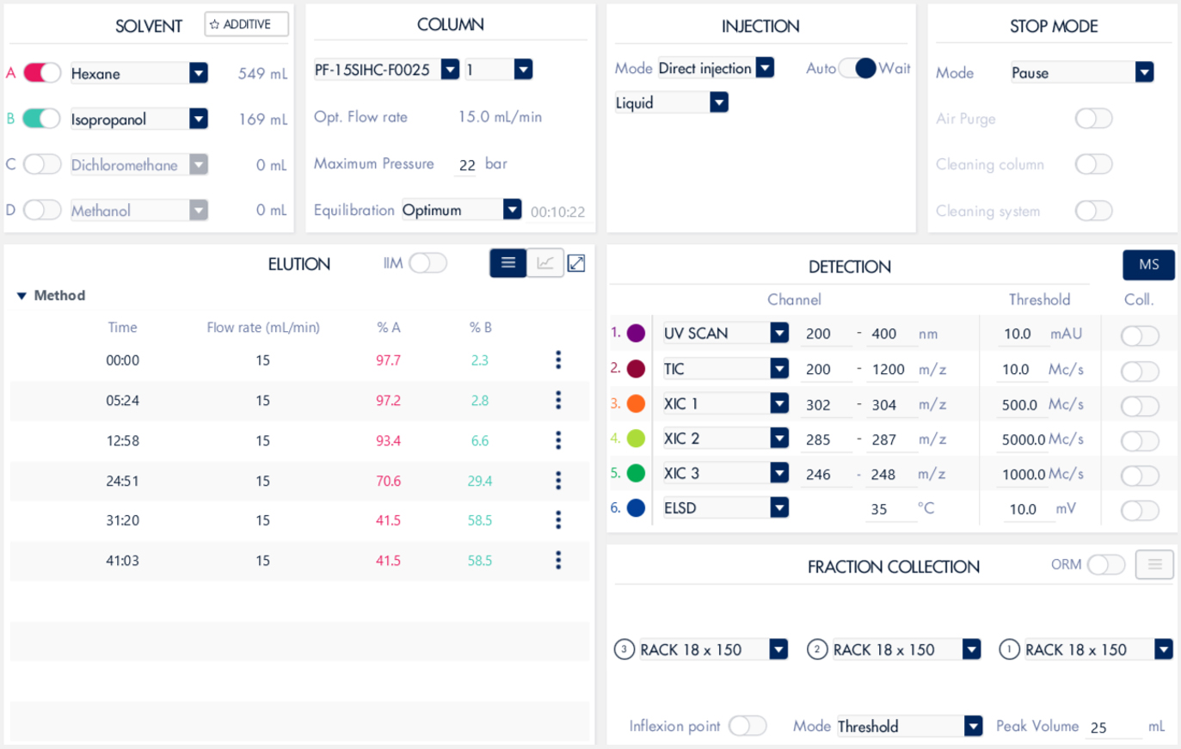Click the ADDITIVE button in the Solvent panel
246,24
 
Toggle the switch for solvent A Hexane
41,73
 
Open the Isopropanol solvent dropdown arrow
199,119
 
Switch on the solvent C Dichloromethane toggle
41,164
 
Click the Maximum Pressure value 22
467,165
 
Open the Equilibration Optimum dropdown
512,209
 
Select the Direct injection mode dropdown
765,68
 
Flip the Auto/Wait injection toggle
857,68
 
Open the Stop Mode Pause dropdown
1144,73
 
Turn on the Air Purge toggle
1093,119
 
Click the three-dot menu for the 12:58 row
558,440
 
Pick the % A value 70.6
388,481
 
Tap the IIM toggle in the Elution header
427,263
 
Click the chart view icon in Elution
544,263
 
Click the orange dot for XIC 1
637,403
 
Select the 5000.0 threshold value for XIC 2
1023,439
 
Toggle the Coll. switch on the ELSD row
1140,510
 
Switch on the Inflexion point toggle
747,726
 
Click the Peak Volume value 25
1098,728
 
